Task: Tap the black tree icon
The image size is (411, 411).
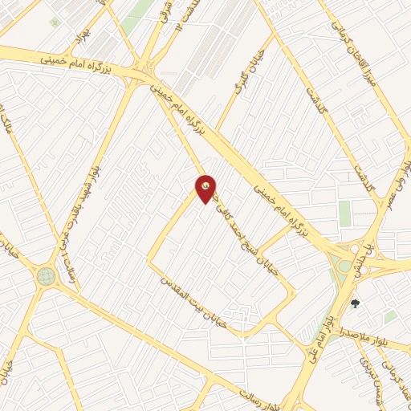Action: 355,303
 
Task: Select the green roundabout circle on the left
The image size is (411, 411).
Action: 45,277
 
